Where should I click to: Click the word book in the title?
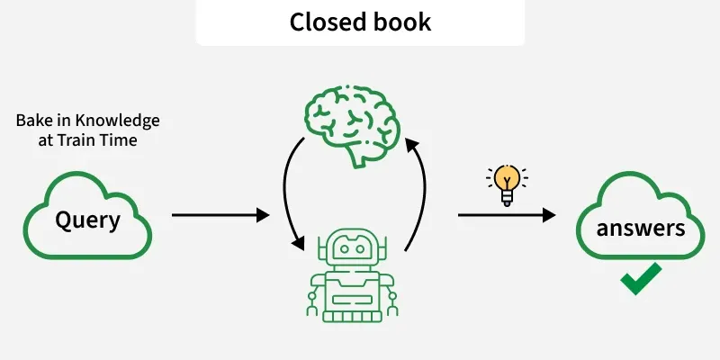coord(401,22)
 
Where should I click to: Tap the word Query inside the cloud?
coord(87,220)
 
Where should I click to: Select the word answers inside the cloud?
coord(640,228)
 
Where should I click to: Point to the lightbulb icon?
coord(508,184)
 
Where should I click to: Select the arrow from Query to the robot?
coord(220,215)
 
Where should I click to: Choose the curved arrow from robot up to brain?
coord(418,193)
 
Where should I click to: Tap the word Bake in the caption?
coord(32,121)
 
